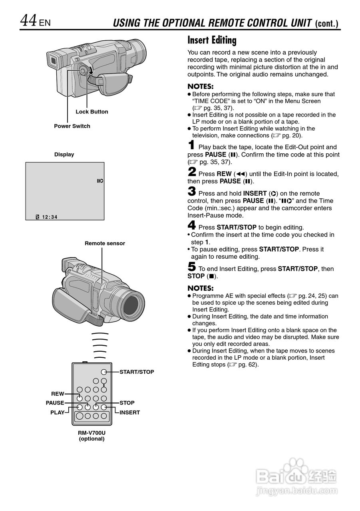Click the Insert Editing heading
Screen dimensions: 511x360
pyautogui.click(x=212, y=40)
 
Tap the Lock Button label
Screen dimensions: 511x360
pyautogui.click(x=91, y=112)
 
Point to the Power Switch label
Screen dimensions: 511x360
pyautogui.click(x=72, y=126)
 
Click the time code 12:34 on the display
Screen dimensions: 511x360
pyautogui.click(x=50, y=217)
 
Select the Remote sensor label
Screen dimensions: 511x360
pyautogui.click(x=105, y=244)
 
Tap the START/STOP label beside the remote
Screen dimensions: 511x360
pyautogui.click(x=137, y=372)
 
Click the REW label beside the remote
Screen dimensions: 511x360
pyautogui.click(x=58, y=394)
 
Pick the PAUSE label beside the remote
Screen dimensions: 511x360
pyautogui.click(x=55, y=403)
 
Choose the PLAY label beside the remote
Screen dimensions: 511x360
pyautogui.click(x=57, y=412)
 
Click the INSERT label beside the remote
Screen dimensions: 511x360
pyautogui.click(x=130, y=412)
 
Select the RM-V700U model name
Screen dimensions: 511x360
pyautogui.click(x=91, y=432)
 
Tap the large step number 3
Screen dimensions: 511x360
pyautogui.click(x=192, y=191)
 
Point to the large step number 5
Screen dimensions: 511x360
pyautogui.click(x=192, y=267)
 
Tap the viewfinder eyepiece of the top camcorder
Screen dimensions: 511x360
pyautogui.click(x=52, y=61)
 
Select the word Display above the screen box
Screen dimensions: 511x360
pyautogui.click(x=64, y=154)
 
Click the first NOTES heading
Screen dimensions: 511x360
pyautogui.click(x=201, y=87)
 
